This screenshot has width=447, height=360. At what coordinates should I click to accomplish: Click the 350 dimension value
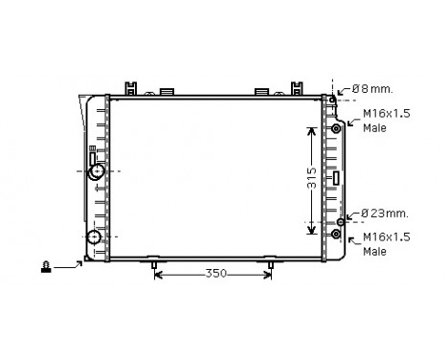(x=215, y=274)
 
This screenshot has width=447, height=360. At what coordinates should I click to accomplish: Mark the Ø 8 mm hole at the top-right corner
(x=332, y=99)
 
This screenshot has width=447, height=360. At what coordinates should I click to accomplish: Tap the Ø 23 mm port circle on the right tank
(x=340, y=222)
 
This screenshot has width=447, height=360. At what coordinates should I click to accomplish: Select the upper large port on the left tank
(x=96, y=171)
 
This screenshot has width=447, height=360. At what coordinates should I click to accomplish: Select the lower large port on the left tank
(x=94, y=237)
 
